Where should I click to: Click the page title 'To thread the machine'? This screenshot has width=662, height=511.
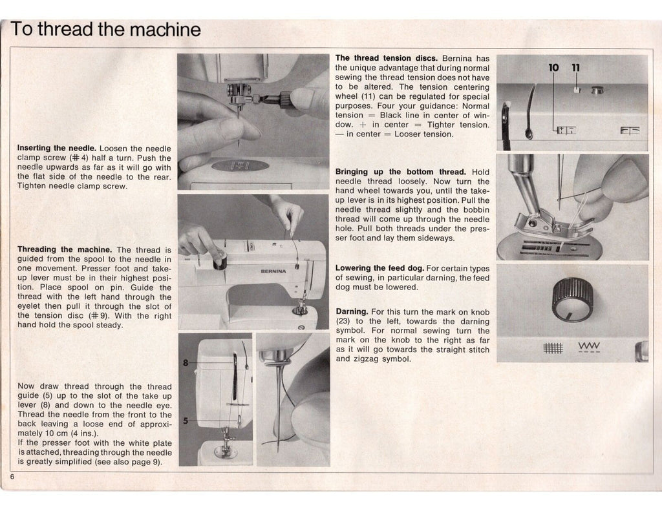106,29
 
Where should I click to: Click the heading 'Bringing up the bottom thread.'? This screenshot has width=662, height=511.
401,172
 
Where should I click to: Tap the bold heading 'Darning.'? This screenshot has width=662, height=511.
352,311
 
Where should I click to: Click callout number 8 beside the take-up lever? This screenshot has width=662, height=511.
186,363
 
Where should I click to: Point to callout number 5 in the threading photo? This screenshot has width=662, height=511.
186,421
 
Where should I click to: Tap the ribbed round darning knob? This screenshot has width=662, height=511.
572,300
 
